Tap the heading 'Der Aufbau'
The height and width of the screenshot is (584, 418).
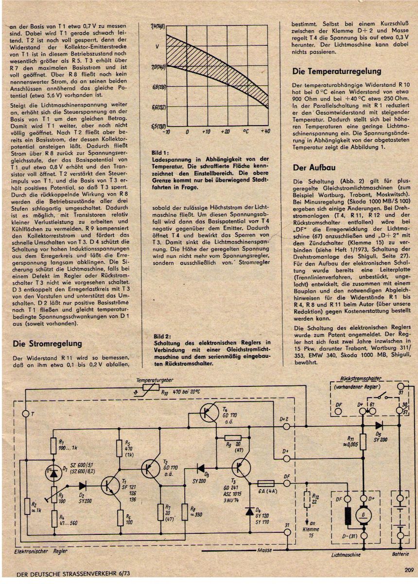click(314, 167)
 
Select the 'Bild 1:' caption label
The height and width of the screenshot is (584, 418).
click(161, 153)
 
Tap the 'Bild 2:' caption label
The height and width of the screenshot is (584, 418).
click(161, 336)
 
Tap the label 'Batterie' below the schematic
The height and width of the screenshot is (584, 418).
click(401, 555)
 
